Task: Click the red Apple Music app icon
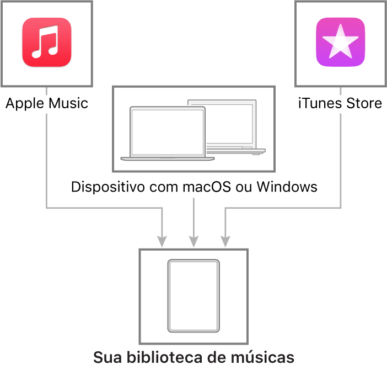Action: (47, 42)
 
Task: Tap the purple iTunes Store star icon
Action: (340, 42)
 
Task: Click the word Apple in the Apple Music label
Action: (24, 104)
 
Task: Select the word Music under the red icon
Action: (68, 103)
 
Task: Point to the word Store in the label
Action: (364, 103)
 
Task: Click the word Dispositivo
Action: (108, 187)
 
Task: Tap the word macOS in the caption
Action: (207, 187)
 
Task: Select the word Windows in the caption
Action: (287, 187)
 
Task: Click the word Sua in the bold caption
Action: (108, 357)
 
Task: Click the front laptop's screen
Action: (168, 132)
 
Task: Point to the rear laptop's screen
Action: (229, 124)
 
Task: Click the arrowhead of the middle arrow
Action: (193, 241)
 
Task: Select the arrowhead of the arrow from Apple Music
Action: (162, 241)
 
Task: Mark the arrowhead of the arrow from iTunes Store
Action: (225, 241)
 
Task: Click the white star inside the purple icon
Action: (340, 41)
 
